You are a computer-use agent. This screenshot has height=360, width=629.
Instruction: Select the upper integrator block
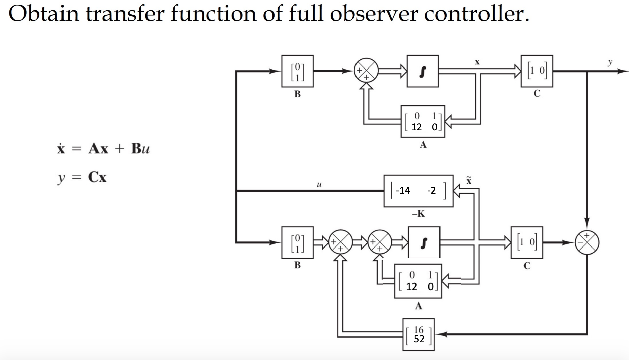point(422,71)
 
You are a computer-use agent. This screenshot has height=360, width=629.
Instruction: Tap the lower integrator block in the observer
point(424,242)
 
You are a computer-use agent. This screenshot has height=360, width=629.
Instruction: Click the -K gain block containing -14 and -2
point(418,191)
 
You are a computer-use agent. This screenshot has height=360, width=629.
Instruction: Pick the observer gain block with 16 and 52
point(418,334)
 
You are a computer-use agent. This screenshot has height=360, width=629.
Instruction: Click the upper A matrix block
point(423,122)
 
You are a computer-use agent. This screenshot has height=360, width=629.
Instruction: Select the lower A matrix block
point(418,281)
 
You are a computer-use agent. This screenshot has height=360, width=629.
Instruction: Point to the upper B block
point(297,71)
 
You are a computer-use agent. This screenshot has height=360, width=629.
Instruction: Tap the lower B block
point(297,242)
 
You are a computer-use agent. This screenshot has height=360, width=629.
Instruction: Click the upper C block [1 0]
point(537,71)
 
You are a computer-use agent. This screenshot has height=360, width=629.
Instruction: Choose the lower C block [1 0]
point(527,242)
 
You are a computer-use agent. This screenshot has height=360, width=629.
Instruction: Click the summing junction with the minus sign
point(587,242)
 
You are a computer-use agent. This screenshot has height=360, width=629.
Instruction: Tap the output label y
point(610,62)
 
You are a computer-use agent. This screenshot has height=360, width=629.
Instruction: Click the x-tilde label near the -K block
point(469,180)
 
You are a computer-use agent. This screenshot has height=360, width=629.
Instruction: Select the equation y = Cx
point(82,177)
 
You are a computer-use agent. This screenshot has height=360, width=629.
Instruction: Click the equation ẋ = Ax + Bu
point(103,148)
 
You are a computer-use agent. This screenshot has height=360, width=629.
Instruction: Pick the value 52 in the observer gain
point(419,339)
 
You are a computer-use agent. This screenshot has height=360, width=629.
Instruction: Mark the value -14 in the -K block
point(403,190)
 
